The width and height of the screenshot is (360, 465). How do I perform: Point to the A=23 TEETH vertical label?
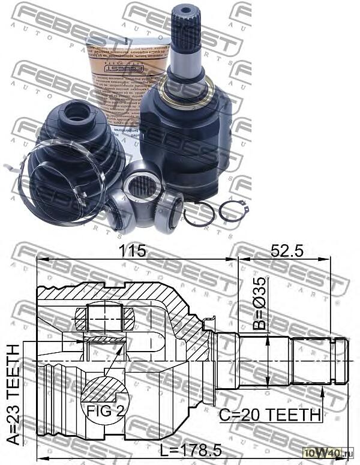(13, 393)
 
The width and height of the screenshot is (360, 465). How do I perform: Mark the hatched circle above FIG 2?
(104, 389)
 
